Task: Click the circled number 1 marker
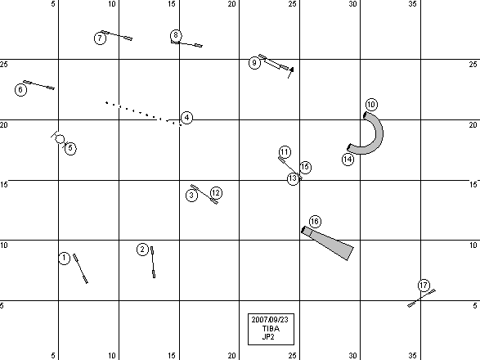coord(64,258)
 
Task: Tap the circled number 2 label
coord(142,250)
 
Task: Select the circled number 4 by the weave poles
coord(186,118)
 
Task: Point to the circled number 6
coord(20,90)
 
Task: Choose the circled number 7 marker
coord(100,38)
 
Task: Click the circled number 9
coord(254,63)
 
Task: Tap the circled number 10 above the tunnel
coord(371,105)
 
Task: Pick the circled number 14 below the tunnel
coord(348,160)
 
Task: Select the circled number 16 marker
coord(315,222)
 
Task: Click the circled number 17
coord(424,286)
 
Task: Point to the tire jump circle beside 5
coord(60,139)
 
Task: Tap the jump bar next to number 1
coord(80,268)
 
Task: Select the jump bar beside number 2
coord(153,263)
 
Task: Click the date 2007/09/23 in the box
coord(270,320)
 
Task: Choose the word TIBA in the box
coord(271,329)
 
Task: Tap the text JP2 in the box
coord(268,337)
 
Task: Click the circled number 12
coord(216,193)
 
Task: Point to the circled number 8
coord(176,35)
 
